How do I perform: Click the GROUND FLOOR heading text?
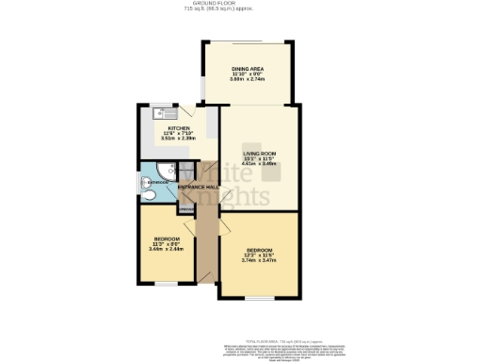[x=241, y=4]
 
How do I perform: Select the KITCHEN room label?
[x=179, y=127]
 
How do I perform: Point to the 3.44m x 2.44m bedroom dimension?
[x=166, y=248]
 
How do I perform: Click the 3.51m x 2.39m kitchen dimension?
[x=179, y=139]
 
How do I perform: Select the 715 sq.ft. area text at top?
[x=241, y=9]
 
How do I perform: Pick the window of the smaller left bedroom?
[x=161, y=283]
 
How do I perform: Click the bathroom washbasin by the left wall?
[x=144, y=182]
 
